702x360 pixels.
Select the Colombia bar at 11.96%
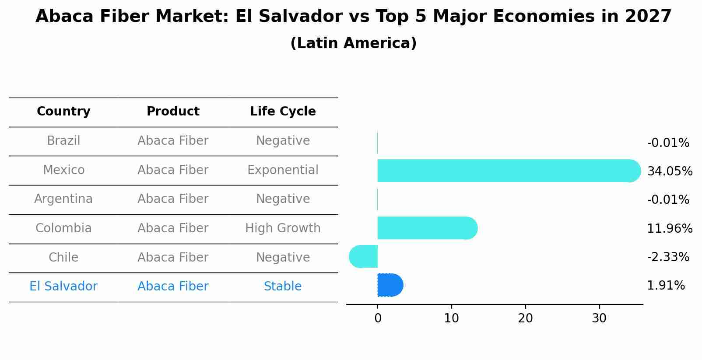click(427, 228)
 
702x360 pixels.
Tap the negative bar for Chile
click(364, 256)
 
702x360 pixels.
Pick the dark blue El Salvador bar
click(390, 285)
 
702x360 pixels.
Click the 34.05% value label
click(670, 171)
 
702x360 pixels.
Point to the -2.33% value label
click(668, 257)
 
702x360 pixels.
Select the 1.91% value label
click(666, 286)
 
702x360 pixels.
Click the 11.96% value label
click(670, 228)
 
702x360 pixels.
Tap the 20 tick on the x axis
click(525, 318)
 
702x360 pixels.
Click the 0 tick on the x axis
click(378, 318)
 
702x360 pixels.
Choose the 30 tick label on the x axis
click(599, 318)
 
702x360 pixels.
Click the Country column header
click(63, 112)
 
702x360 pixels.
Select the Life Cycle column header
click(283, 112)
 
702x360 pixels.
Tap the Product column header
click(173, 112)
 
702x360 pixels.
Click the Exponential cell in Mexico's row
click(283, 170)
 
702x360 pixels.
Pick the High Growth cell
click(283, 228)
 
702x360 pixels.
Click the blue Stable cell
click(283, 286)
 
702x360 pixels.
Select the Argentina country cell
click(63, 199)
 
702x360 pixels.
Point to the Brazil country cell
click(63, 140)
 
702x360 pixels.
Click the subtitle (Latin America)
click(353, 43)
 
